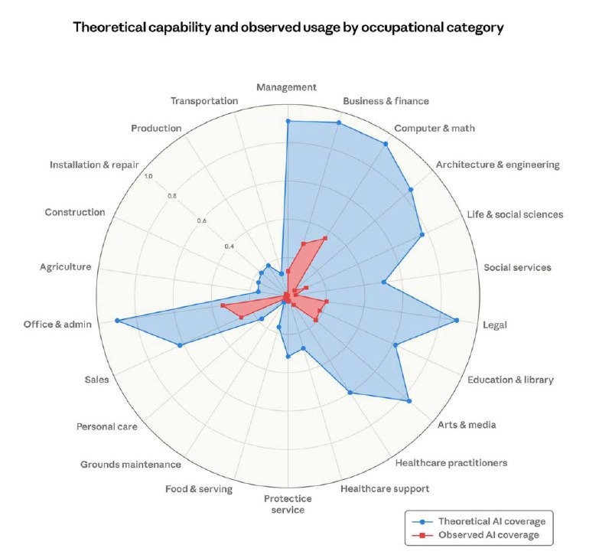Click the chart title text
coord(288,28)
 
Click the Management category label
coord(287,87)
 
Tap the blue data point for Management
coord(288,121)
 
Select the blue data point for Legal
coord(457,320)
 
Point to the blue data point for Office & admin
coord(117,321)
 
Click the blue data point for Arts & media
coord(409,400)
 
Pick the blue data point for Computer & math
coord(386,144)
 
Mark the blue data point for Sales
coord(181,346)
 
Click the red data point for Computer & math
coord(324,238)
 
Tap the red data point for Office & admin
coord(223,305)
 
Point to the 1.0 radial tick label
coord(148,176)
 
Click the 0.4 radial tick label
coord(229,246)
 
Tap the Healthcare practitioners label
coord(451,462)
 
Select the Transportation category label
coord(204,101)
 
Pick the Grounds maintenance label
coord(131,465)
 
